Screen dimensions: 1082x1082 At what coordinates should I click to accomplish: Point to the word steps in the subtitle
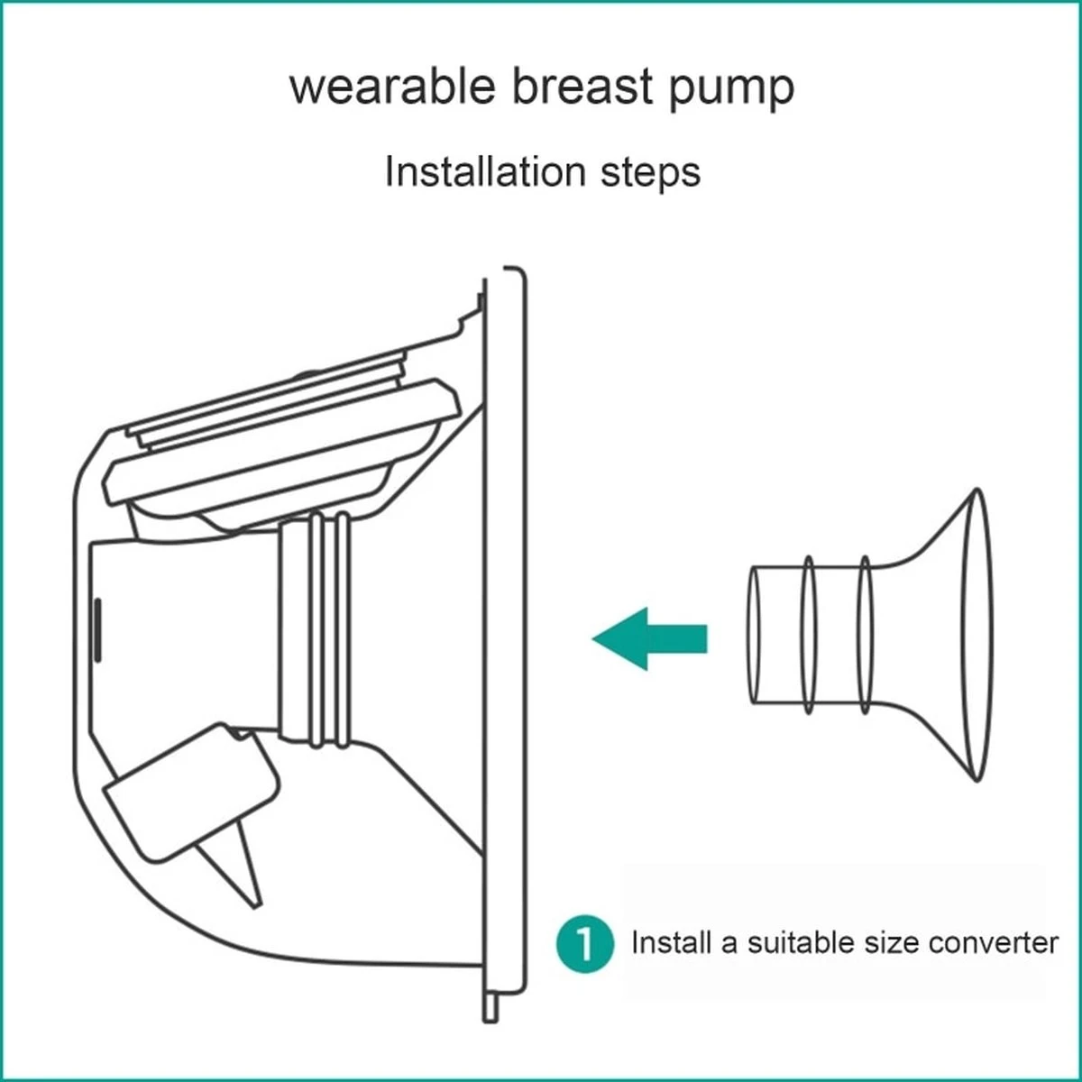[x=651, y=175]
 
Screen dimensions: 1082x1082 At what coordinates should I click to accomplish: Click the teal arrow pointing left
[x=650, y=639]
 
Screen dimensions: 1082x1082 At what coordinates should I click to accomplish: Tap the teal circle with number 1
[x=584, y=943]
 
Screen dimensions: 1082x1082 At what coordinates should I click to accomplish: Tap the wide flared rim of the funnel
[x=977, y=635]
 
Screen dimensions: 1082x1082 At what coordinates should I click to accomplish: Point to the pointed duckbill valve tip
[x=257, y=904]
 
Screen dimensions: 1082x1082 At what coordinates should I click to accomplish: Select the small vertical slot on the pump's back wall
[x=97, y=630]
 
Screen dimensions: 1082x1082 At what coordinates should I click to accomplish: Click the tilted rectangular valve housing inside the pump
[x=191, y=793]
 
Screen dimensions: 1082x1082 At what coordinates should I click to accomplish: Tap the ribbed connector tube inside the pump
[x=316, y=630]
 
